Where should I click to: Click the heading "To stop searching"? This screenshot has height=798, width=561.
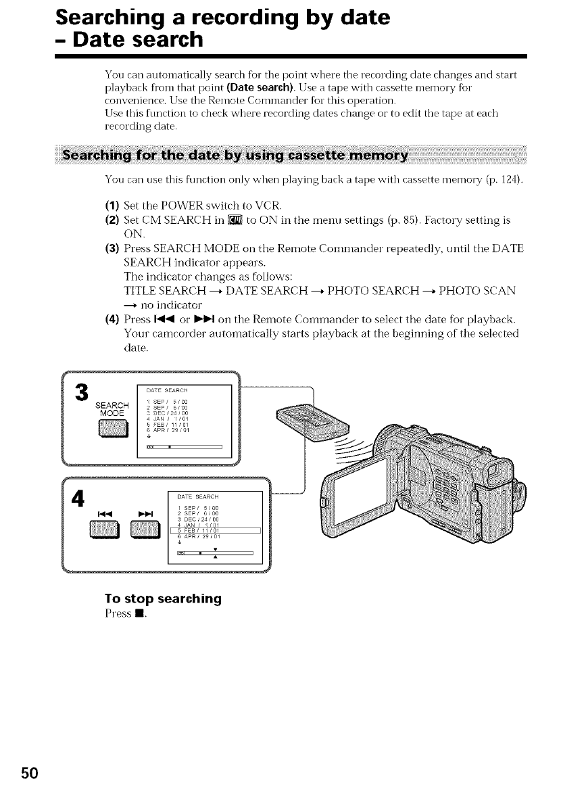163,599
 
